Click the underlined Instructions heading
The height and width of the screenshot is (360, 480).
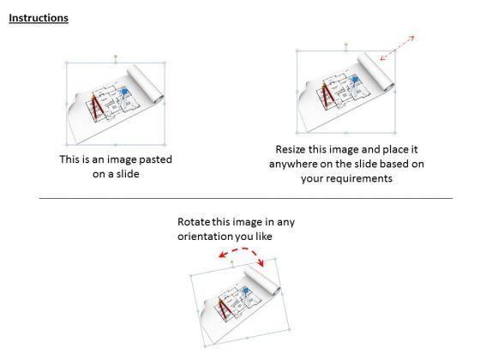39,18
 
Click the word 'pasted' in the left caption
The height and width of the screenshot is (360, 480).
155,159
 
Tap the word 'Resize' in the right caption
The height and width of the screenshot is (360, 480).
291,149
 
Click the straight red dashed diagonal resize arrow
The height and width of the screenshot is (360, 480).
398,48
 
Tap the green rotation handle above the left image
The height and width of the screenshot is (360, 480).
116,57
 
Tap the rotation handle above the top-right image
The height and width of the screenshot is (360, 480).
346,45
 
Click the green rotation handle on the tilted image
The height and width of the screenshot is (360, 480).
231,262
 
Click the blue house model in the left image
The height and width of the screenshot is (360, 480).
124,91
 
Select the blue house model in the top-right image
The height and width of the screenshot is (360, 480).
355,79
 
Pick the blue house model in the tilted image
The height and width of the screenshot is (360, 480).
245,291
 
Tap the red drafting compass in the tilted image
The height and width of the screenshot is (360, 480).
225,310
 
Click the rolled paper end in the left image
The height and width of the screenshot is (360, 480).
146,84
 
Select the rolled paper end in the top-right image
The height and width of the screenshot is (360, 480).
376,72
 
